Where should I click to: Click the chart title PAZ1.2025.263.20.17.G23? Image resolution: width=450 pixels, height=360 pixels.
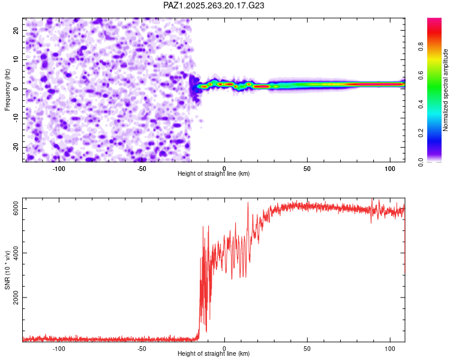click(x=214, y=5)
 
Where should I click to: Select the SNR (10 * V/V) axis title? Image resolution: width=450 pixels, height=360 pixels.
click(x=8, y=271)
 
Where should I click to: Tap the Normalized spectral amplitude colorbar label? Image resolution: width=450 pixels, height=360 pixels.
click(x=446, y=90)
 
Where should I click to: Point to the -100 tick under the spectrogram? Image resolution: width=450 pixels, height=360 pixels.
click(x=58, y=169)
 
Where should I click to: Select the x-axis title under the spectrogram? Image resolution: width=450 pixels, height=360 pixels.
click(x=214, y=174)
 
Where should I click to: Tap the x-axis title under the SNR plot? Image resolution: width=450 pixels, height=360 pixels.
click(x=214, y=354)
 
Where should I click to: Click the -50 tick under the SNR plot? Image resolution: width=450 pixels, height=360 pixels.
click(x=141, y=348)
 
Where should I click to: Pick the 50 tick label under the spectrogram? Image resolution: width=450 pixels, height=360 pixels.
click(x=307, y=169)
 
